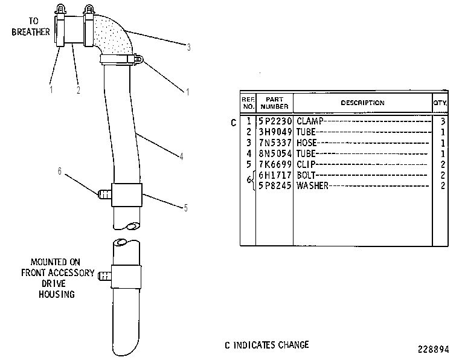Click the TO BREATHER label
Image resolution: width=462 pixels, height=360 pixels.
pyautogui.click(x=31, y=27)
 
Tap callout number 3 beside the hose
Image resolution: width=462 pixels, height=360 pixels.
pyautogui.click(x=188, y=47)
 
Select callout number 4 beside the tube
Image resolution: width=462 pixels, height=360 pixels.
pyautogui.click(x=182, y=156)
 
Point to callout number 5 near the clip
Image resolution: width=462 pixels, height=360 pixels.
pyautogui.click(x=185, y=208)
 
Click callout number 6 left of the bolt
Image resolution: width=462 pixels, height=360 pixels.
pyautogui.click(x=60, y=171)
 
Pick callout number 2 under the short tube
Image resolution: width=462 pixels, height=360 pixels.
pyautogui.click(x=79, y=90)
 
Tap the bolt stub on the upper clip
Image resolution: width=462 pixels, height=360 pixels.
pyautogui.click(x=104, y=194)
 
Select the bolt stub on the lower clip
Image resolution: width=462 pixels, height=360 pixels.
pyautogui.click(x=104, y=276)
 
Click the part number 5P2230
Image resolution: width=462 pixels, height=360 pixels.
pyautogui.click(x=275, y=121)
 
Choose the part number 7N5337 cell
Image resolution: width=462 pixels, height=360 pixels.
pyautogui.click(x=275, y=143)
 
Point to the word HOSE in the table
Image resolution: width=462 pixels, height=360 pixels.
pyautogui.click(x=306, y=143)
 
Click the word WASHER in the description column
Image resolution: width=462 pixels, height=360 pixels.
pyautogui.click(x=312, y=185)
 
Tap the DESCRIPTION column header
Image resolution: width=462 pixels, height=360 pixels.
pyautogui.click(x=362, y=103)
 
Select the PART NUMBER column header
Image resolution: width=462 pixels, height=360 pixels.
pyautogui.click(x=274, y=103)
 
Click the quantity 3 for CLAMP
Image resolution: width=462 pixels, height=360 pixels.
pyautogui.click(x=443, y=121)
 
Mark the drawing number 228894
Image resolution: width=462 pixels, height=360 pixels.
pyautogui.click(x=434, y=349)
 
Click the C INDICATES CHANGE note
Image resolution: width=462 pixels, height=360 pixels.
pyautogui.click(x=267, y=345)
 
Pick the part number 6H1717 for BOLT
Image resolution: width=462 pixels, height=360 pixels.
pyautogui.click(x=275, y=175)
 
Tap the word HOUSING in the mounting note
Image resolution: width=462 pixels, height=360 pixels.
pyautogui.click(x=57, y=294)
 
